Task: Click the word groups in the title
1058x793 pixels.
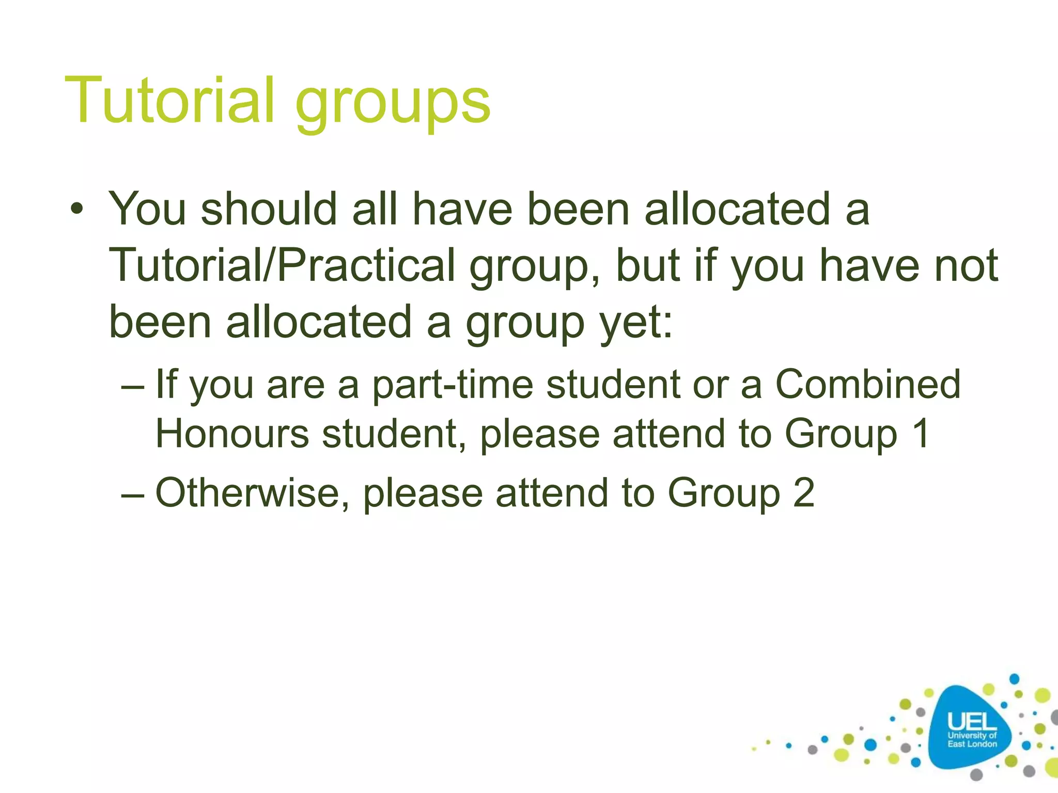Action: coord(393,103)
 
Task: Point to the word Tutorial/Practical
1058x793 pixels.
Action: coord(282,265)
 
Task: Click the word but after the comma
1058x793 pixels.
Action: coord(648,265)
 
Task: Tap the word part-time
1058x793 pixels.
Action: coord(453,385)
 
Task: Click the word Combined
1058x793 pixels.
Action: coord(868,385)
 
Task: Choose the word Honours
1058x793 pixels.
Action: coord(232,434)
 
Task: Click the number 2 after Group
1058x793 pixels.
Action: coord(803,493)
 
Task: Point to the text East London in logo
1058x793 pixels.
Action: coord(972,744)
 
